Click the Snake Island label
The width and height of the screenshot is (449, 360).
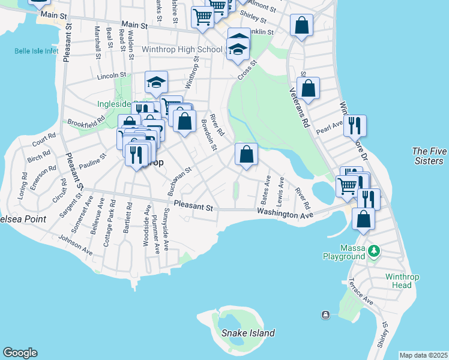(248, 333)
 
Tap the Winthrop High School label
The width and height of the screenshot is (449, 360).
(183, 49)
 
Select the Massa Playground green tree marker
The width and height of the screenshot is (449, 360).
(374, 248)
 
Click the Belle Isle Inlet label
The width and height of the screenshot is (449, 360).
(37, 51)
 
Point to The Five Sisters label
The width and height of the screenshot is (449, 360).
(429, 156)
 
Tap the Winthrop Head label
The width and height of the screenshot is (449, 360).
(399, 281)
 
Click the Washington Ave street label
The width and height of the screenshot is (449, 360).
(285, 214)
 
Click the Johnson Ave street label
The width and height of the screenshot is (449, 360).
(76, 248)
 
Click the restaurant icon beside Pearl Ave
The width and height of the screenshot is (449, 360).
(355, 125)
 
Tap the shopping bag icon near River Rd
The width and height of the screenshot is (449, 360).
(246, 154)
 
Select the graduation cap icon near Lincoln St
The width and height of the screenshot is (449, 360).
(156, 82)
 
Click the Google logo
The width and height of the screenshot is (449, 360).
(20, 353)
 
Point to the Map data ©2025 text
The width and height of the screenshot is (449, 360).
(423, 355)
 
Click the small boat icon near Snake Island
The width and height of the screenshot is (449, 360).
(325, 315)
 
